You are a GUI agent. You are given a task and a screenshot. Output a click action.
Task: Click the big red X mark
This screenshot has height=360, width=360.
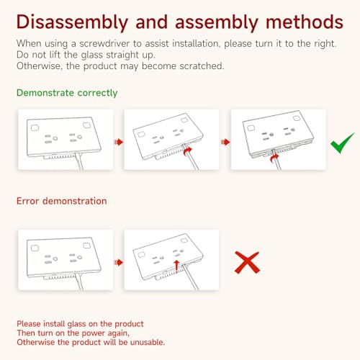click(247, 263)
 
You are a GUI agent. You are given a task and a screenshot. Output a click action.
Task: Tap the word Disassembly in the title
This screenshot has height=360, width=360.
click(72, 22)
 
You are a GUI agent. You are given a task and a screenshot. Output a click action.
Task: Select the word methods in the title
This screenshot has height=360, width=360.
click(305, 22)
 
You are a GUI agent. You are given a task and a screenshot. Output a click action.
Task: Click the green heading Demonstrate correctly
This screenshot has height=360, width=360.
click(67, 93)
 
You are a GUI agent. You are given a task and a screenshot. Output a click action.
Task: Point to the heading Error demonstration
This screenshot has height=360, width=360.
click(62, 201)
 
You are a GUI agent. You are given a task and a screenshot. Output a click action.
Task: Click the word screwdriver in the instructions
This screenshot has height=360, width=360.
click(104, 44)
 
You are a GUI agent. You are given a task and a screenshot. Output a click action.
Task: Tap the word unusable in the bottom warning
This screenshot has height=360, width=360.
click(148, 342)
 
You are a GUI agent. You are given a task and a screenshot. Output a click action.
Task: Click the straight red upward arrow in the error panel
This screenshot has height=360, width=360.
click(176, 266)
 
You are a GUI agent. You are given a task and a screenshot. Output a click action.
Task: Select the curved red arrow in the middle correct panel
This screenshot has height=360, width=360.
click(188, 151)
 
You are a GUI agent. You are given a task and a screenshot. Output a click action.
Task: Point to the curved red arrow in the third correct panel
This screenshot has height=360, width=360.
click(274, 158)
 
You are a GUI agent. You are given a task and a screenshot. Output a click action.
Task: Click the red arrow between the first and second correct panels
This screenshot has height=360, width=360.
click(119, 142)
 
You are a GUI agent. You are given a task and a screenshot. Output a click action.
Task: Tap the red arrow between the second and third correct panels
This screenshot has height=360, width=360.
click(225, 142)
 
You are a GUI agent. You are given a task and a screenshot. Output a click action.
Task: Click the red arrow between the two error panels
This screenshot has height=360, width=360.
click(119, 262)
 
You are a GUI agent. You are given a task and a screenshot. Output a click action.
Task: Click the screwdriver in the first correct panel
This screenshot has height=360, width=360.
click(79, 161)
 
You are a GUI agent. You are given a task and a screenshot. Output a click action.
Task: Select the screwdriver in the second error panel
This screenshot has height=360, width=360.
click(191, 277)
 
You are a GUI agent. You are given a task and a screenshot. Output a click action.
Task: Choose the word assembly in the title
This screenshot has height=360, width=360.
click(216, 23)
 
